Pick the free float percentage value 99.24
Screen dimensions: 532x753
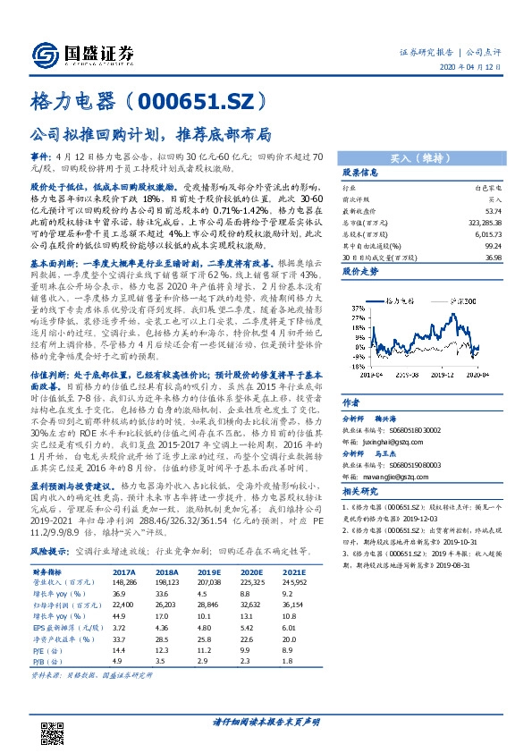coord(492,243)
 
